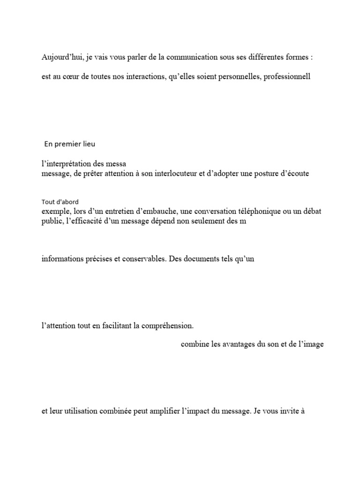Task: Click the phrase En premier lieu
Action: [x=69, y=144]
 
